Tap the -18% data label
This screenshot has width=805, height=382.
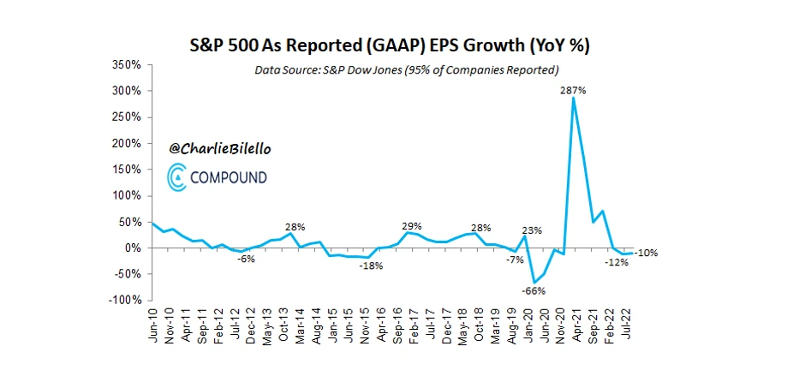(x=369, y=267)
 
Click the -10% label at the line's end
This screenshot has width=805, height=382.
(x=646, y=253)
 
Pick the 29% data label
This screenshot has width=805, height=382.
(x=412, y=224)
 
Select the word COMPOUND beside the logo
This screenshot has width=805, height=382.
(x=230, y=177)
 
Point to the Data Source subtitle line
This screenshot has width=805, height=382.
(x=407, y=69)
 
